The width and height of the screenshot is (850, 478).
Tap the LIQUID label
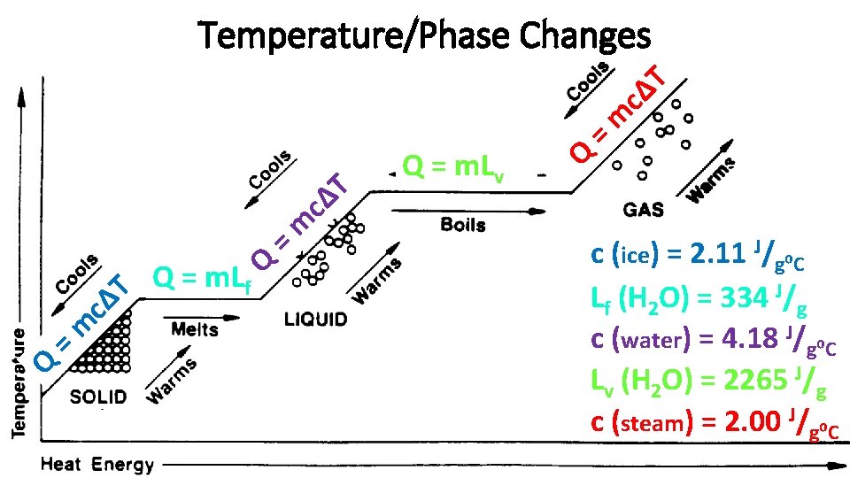316,320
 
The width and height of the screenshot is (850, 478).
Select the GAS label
644,212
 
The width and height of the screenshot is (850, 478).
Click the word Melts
195,329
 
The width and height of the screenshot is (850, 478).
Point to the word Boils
463,225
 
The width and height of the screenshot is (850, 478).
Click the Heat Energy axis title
97,464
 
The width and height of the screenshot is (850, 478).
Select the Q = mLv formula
453,166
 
